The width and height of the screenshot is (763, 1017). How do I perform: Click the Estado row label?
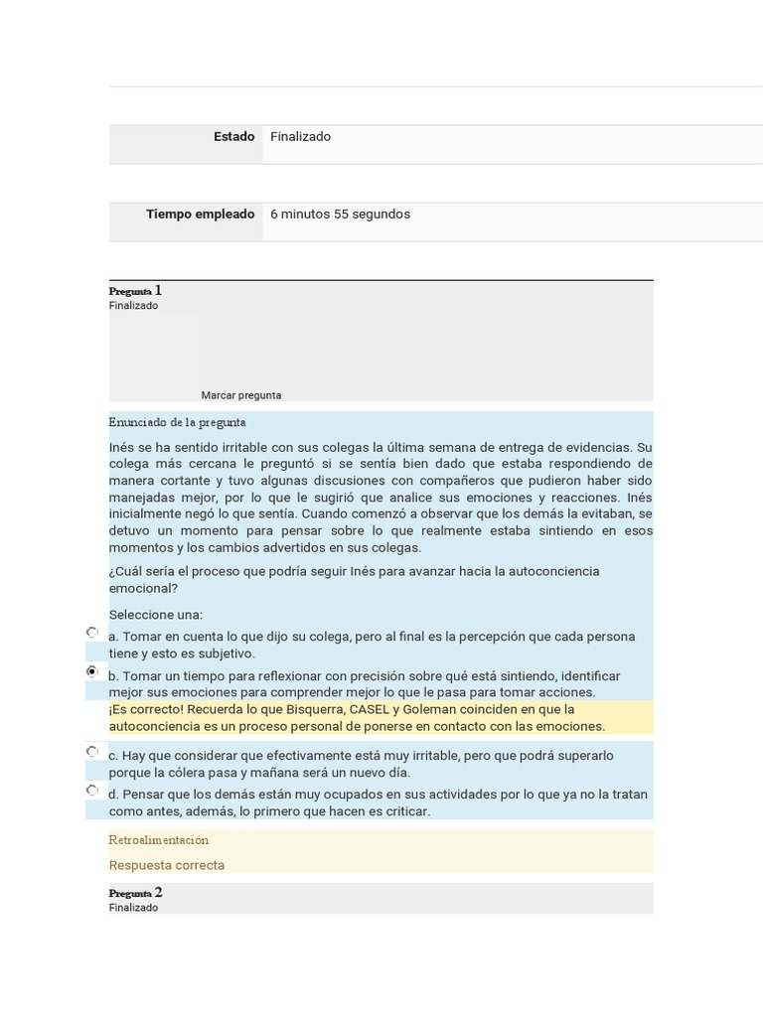tap(233, 137)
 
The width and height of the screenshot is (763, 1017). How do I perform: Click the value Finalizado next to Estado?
tap(300, 137)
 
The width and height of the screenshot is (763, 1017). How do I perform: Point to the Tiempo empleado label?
tap(200, 215)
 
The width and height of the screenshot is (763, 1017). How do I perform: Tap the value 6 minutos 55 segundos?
tap(340, 215)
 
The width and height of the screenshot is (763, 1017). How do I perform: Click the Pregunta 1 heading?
tap(135, 291)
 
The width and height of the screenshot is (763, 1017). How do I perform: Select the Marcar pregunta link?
tap(240, 395)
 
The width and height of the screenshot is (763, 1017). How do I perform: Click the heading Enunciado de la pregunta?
tap(177, 423)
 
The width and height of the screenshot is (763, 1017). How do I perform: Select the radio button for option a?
tap(92, 633)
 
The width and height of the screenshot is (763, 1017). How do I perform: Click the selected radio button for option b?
tap(92, 672)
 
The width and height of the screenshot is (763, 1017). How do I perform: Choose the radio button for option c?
tap(92, 752)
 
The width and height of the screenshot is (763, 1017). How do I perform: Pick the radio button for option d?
tap(92, 791)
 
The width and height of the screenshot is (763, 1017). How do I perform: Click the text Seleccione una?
tap(155, 615)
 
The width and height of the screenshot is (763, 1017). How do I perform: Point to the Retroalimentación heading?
tap(158, 840)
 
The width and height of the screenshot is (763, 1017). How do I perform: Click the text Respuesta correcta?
tap(166, 865)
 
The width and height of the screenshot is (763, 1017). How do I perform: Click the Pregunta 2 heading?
tap(135, 893)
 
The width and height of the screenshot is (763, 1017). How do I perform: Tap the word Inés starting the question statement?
tap(122, 447)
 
